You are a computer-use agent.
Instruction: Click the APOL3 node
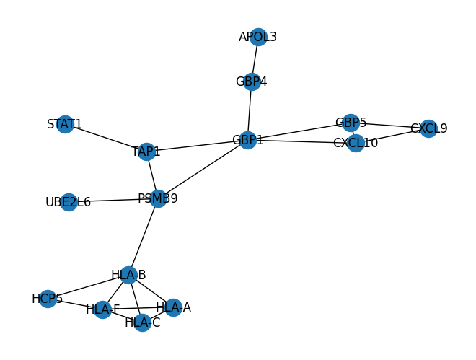(258, 37)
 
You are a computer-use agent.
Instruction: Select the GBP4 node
(252, 82)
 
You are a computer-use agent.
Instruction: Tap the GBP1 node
(248, 140)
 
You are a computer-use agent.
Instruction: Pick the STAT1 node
(65, 124)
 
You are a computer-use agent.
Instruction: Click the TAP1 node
(146, 152)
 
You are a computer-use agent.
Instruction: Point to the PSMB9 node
(158, 198)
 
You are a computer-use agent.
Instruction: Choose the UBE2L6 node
(69, 202)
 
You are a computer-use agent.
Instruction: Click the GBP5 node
(351, 123)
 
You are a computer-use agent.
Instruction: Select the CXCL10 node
(356, 143)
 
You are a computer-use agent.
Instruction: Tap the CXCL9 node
(428, 128)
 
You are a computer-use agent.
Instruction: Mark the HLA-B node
(129, 275)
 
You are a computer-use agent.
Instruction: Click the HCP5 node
(48, 299)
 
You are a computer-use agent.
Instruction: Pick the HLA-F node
(102, 309)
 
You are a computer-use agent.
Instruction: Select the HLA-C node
(143, 322)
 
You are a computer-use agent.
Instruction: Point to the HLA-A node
(173, 307)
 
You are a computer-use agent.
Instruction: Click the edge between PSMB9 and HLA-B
(144, 237)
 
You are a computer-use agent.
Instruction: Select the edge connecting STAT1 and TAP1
(105, 138)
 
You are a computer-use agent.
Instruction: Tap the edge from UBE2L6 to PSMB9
(113, 201)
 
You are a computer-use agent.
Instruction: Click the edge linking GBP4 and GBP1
(250, 110)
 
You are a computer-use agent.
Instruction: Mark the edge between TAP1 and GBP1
(197, 146)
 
